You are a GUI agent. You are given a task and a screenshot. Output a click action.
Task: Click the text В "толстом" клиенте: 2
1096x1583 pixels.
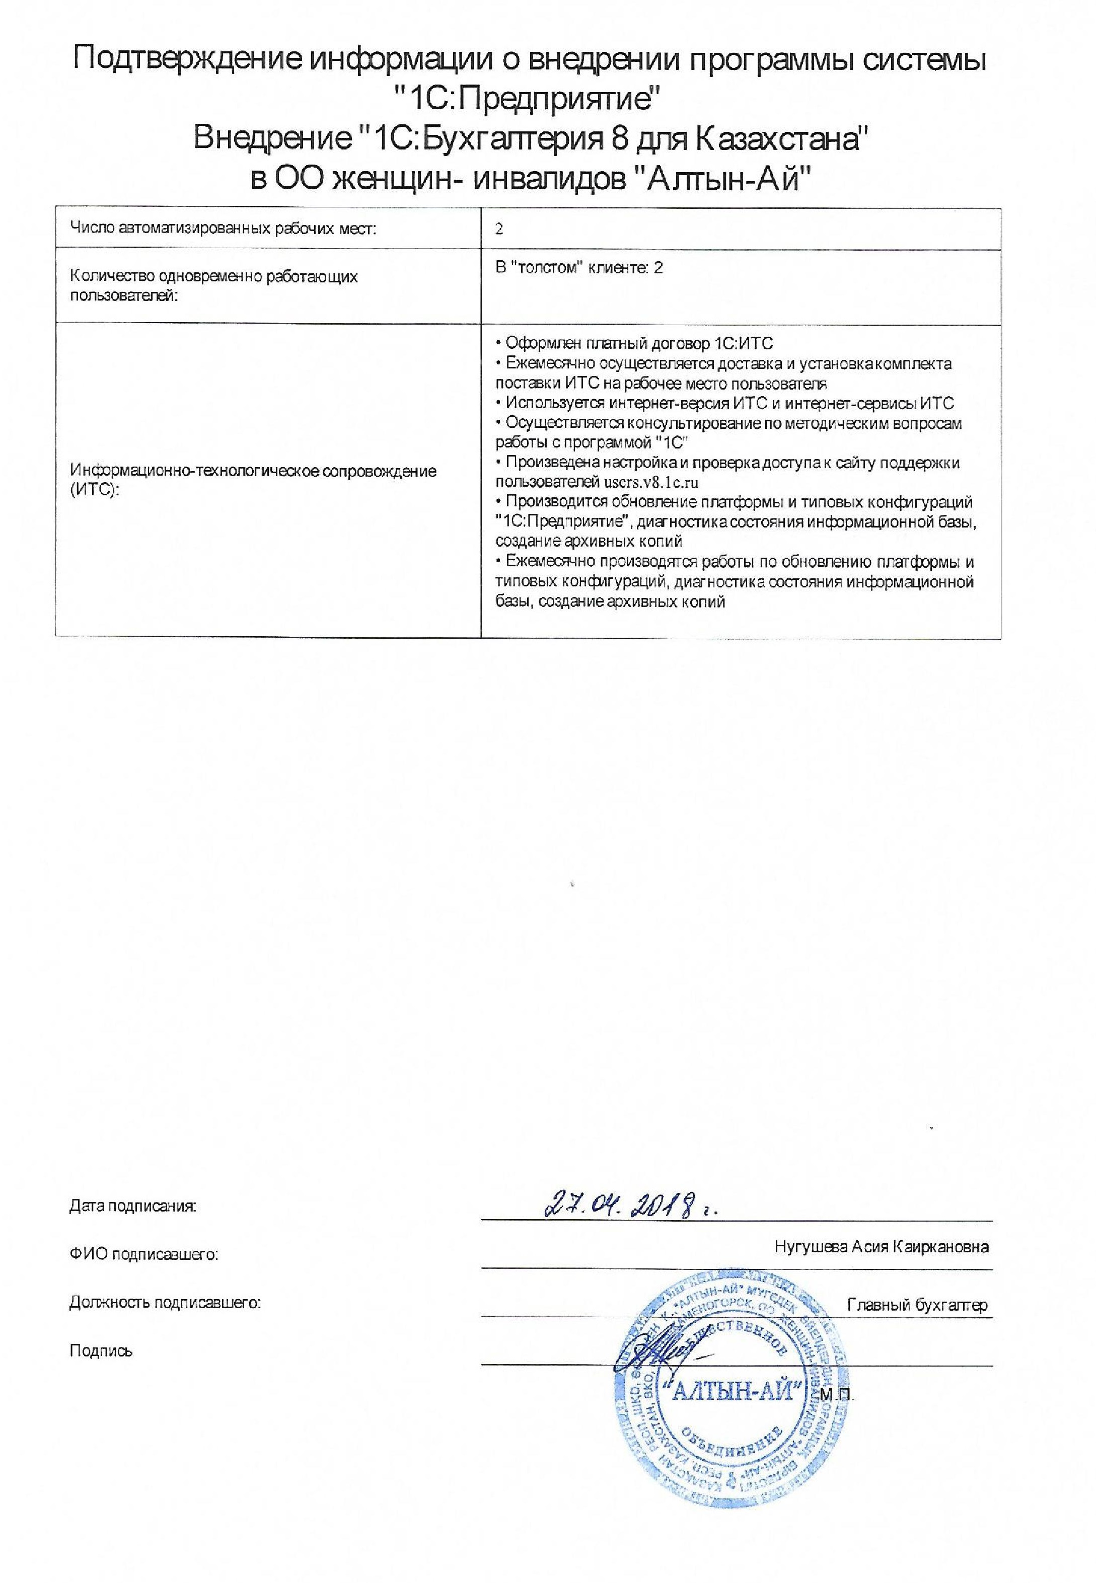tap(579, 268)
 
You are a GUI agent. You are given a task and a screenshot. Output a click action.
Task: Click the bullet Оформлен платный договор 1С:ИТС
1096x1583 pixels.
tap(639, 343)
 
